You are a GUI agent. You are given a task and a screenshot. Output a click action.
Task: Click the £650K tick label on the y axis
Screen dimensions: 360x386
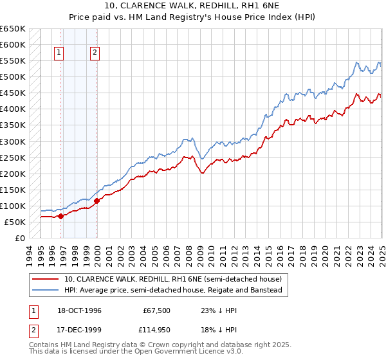(x=13, y=29)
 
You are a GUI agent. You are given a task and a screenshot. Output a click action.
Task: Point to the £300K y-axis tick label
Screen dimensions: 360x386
(x=13, y=141)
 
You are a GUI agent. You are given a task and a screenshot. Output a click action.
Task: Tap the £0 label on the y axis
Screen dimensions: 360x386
(x=19, y=238)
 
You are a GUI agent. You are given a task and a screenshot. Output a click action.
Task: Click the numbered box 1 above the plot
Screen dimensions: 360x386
(x=59, y=53)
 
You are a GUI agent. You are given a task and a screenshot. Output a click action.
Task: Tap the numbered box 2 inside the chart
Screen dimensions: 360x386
(x=95, y=53)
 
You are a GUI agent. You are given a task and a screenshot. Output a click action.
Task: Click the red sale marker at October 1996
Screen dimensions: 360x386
(x=61, y=216)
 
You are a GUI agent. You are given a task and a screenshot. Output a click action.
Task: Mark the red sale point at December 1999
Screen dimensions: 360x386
(x=97, y=201)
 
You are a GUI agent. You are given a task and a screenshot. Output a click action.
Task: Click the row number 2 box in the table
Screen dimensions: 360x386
(x=33, y=330)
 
